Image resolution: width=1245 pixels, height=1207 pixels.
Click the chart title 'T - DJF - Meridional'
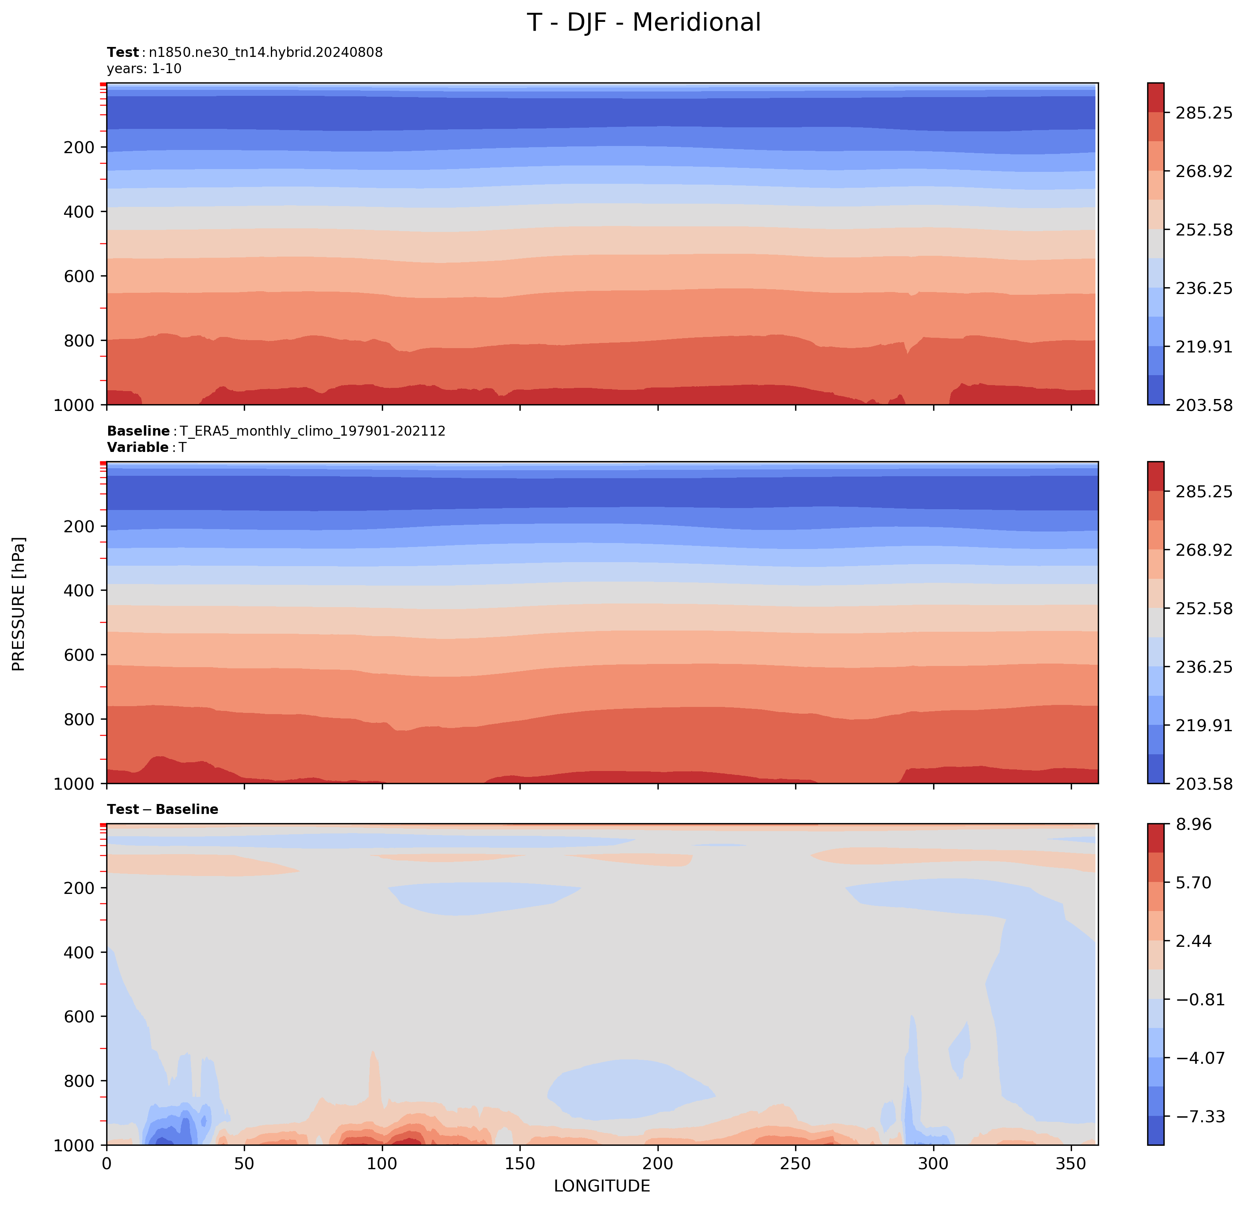click(644, 23)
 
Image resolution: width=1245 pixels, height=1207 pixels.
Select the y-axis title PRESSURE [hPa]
click(19, 604)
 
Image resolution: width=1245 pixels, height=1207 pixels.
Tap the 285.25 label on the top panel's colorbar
click(1204, 113)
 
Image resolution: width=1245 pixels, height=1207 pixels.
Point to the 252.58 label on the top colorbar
click(1204, 230)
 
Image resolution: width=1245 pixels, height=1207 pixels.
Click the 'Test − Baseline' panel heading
click(163, 809)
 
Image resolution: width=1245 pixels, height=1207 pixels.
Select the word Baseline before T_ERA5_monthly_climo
click(138, 431)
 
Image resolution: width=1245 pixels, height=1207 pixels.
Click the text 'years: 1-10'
click(144, 68)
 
